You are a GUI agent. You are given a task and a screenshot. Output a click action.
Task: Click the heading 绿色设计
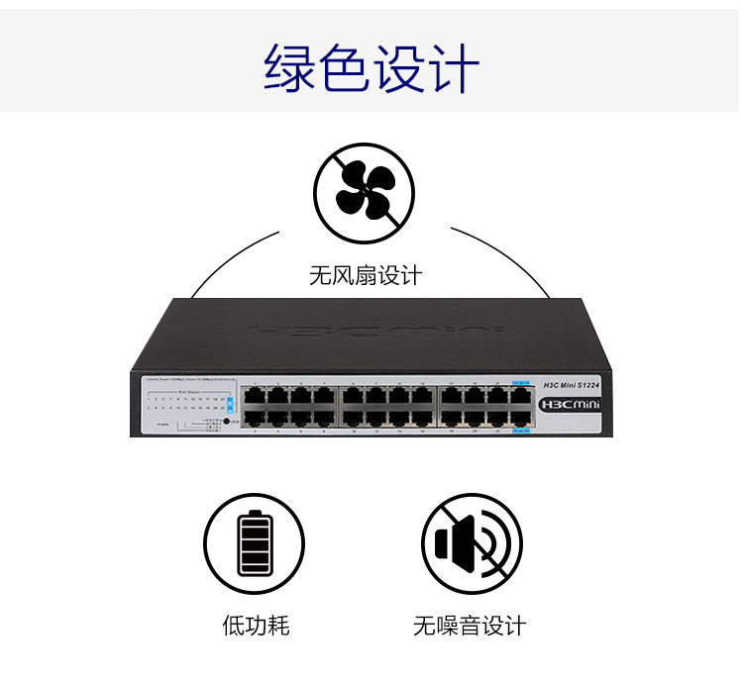(x=371, y=67)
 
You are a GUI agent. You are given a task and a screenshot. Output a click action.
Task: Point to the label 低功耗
(x=255, y=626)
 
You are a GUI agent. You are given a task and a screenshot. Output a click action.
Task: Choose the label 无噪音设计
(x=470, y=626)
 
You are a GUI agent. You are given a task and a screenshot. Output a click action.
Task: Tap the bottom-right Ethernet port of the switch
(x=521, y=419)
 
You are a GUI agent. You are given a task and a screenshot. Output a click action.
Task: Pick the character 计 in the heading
(x=454, y=67)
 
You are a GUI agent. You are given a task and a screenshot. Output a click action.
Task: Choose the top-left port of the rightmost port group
(x=452, y=395)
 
